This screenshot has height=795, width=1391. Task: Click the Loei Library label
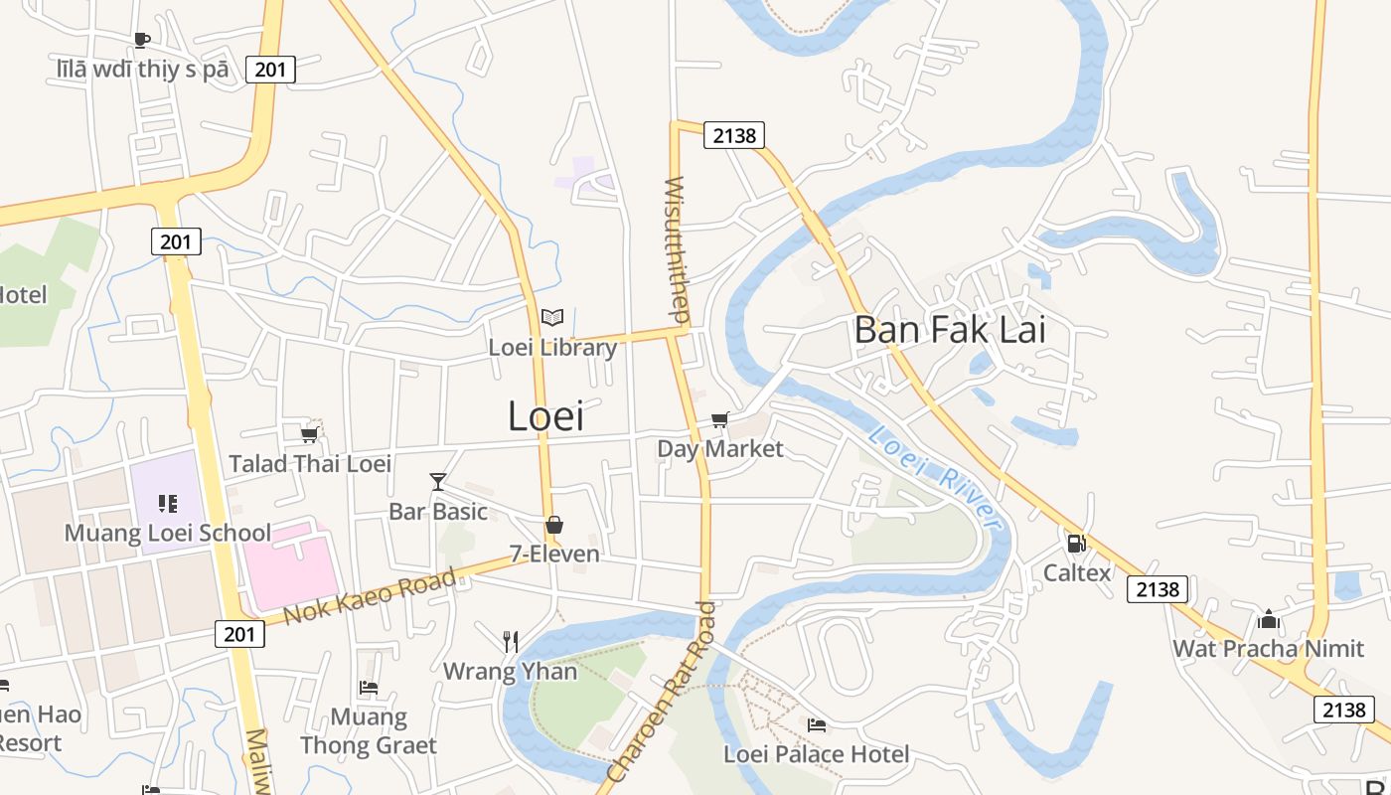tap(552, 348)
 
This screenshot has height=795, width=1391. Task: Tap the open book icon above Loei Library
tap(552, 317)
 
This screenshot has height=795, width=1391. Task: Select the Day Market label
tap(720, 449)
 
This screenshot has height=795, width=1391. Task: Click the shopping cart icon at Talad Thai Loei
tap(309, 434)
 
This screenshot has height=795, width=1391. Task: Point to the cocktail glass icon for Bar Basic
tap(437, 482)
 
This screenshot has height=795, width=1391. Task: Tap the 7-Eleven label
tap(554, 555)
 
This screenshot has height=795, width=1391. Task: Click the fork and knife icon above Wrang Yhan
tap(510, 641)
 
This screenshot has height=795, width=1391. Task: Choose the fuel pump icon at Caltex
tap(1075, 544)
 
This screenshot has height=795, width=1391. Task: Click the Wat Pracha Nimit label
tap(1268, 649)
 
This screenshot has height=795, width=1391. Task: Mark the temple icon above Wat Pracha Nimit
tap(1268, 620)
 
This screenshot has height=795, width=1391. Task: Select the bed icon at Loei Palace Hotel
tap(817, 724)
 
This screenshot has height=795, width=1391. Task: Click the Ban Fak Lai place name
tap(950, 330)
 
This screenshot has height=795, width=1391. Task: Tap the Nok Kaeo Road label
tap(370, 596)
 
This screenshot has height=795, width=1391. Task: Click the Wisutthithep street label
tap(677, 249)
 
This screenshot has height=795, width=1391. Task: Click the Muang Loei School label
tap(167, 533)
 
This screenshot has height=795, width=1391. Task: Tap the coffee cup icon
tap(142, 40)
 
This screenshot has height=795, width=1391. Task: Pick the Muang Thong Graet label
tap(369, 731)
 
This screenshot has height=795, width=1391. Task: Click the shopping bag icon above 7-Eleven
tap(554, 525)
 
